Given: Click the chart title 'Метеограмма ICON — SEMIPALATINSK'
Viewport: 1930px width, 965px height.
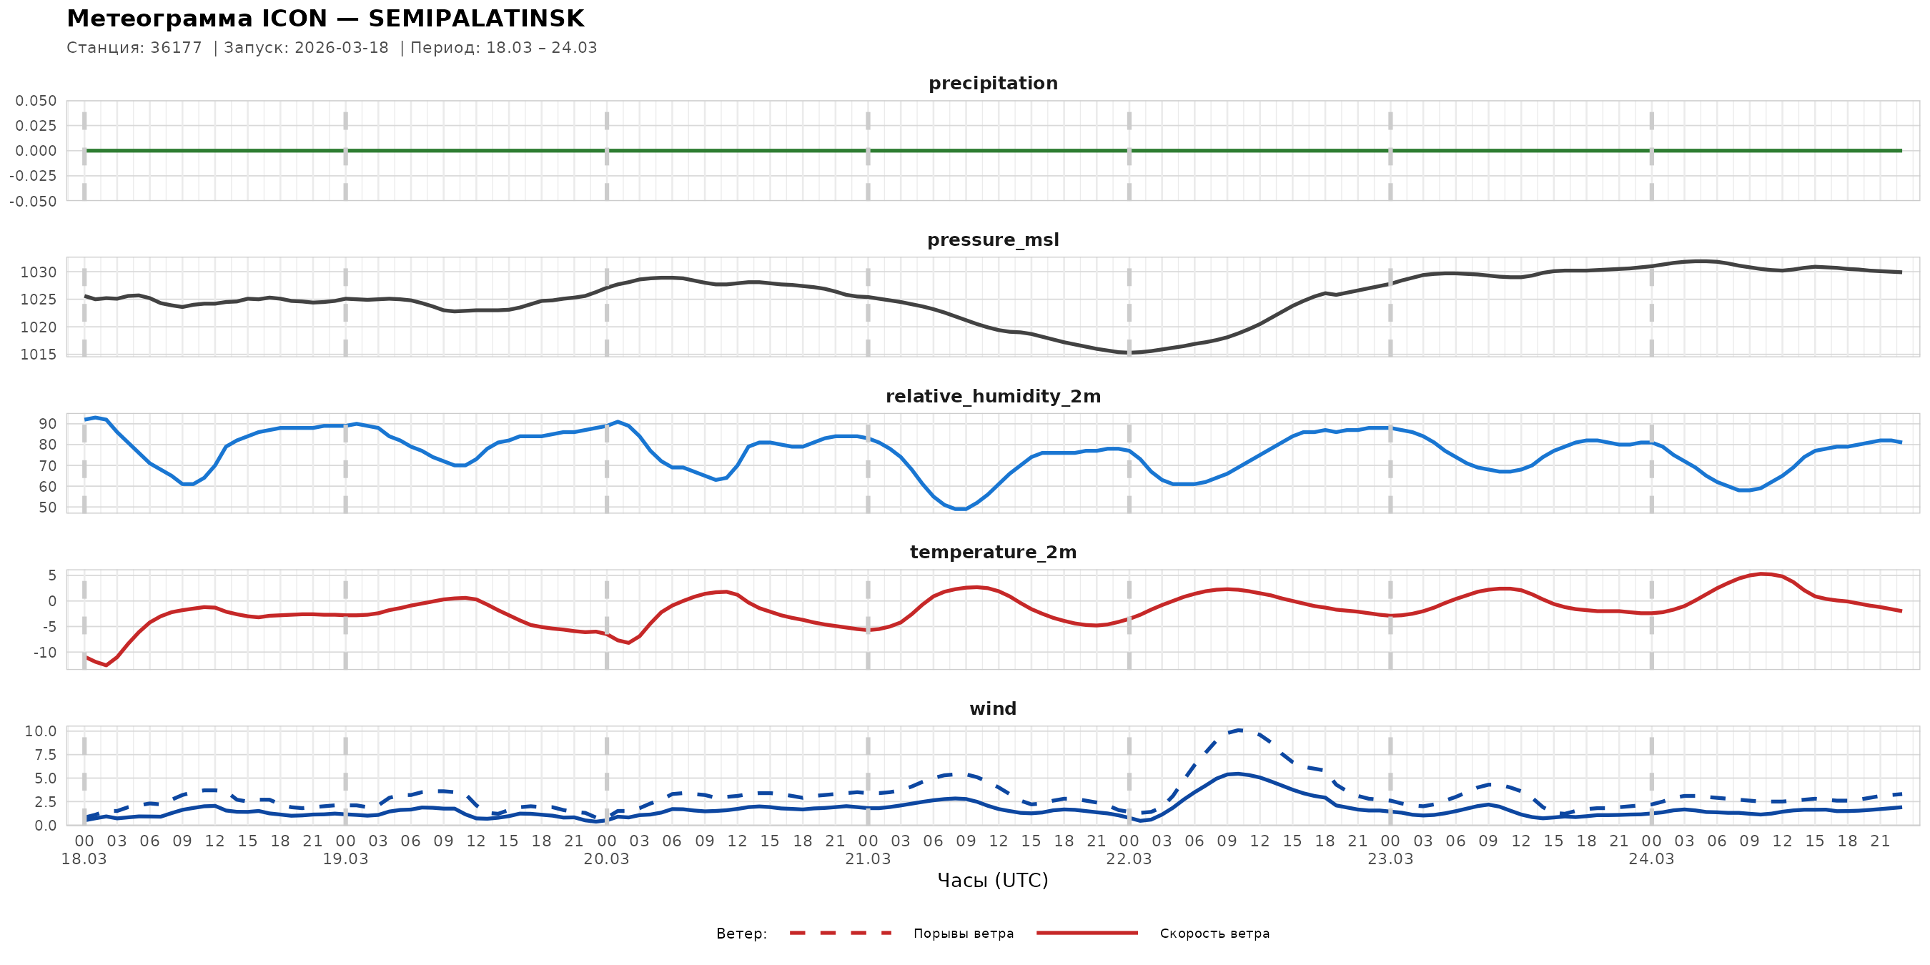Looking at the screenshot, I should tap(325, 19).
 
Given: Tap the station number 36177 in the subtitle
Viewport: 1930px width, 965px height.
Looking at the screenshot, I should tap(176, 48).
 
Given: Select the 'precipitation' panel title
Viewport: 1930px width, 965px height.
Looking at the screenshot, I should tap(993, 83).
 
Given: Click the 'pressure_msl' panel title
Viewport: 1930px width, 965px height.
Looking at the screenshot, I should tap(993, 239).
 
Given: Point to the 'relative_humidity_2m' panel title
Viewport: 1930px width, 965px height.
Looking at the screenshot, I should tap(993, 396).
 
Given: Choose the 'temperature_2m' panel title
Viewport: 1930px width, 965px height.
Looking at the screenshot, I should tap(993, 552).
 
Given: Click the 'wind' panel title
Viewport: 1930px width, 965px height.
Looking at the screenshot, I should tap(993, 709).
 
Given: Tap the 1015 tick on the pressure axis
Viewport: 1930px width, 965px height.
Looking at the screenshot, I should tap(38, 355).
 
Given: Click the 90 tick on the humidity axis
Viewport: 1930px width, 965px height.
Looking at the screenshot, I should tap(47, 424).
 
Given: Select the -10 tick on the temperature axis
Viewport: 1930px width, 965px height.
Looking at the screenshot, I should tap(44, 653).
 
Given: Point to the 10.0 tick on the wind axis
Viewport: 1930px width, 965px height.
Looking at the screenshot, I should tap(41, 731).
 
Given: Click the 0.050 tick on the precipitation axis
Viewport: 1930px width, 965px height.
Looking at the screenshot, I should tap(36, 101).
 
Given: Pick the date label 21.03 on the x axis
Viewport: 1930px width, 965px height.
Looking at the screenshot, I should tap(868, 859).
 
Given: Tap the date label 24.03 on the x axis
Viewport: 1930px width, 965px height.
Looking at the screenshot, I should tap(1651, 859).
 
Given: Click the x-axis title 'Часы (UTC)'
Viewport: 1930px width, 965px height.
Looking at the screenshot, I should tap(993, 881).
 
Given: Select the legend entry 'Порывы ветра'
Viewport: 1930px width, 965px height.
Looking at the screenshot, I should tap(963, 934).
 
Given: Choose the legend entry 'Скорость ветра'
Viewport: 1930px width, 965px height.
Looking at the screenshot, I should tap(1214, 934).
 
